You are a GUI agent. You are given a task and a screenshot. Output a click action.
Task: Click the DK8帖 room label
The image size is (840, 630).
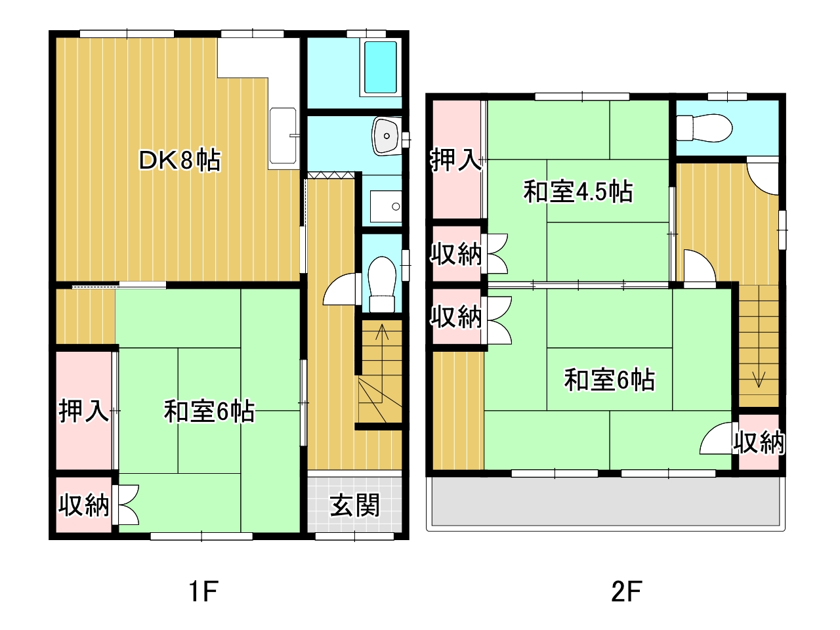179,161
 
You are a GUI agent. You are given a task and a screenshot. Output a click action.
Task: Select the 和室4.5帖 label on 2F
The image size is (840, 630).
578,191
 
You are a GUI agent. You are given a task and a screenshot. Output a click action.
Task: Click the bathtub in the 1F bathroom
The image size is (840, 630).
381,68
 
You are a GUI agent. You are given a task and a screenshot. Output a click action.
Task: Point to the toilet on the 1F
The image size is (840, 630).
382,283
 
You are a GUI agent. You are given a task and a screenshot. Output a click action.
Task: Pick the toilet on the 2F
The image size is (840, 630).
704,128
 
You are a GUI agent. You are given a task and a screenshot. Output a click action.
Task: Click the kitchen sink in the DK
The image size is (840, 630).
283,136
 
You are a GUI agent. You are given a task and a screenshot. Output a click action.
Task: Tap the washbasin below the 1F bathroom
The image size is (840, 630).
387,136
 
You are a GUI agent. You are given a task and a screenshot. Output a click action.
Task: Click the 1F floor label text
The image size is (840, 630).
203,591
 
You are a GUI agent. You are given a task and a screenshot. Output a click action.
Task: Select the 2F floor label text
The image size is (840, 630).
627,591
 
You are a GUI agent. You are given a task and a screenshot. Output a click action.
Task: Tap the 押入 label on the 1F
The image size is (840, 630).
83,411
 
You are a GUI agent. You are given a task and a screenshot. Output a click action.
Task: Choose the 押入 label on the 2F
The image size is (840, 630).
456,160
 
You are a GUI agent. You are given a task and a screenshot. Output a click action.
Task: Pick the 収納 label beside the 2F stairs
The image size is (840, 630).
759,442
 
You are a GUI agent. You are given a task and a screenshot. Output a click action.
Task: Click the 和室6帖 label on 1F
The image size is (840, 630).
209,411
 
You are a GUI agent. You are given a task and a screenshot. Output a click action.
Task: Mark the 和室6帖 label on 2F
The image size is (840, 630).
609,380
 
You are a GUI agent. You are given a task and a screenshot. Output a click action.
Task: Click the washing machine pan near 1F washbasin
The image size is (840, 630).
386,206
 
